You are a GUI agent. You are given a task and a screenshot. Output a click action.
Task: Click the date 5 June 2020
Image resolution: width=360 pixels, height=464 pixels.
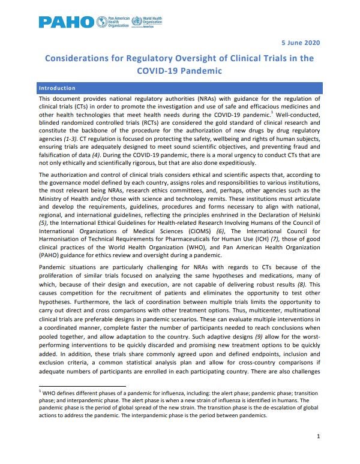[301, 42]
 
